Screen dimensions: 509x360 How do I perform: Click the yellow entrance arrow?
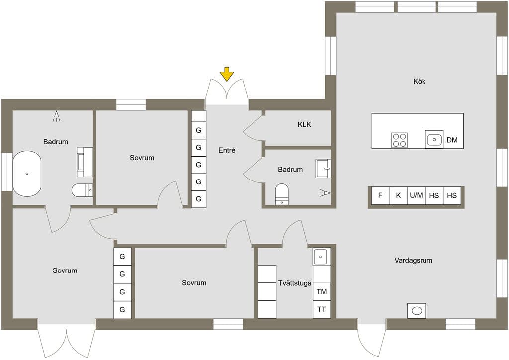point(227,74)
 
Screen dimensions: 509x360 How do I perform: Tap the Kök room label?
point(419,81)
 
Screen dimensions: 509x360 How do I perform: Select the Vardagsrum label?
point(413,260)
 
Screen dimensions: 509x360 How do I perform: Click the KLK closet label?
point(304,124)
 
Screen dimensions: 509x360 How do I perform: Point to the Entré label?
point(227,150)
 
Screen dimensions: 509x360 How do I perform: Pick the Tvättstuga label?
point(294,283)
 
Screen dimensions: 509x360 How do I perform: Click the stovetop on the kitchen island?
point(399,140)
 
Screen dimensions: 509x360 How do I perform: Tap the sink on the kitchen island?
point(434,140)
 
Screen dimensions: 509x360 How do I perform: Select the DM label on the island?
point(452,140)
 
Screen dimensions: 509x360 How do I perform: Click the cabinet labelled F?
point(380,195)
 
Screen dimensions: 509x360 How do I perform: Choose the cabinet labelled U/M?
point(416,195)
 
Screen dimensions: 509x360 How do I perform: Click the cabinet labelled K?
point(398,195)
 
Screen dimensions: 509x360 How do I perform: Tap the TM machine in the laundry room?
point(322,291)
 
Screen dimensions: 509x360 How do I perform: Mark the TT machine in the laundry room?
point(322,309)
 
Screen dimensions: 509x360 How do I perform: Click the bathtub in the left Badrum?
point(27,174)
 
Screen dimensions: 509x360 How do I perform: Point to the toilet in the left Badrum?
point(83,190)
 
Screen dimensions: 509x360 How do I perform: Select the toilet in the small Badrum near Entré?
point(282,194)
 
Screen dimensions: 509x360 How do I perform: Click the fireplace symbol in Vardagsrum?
point(417,311)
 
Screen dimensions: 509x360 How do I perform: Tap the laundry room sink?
point(322,257)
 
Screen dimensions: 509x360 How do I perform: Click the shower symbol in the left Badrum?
point(57,116)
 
